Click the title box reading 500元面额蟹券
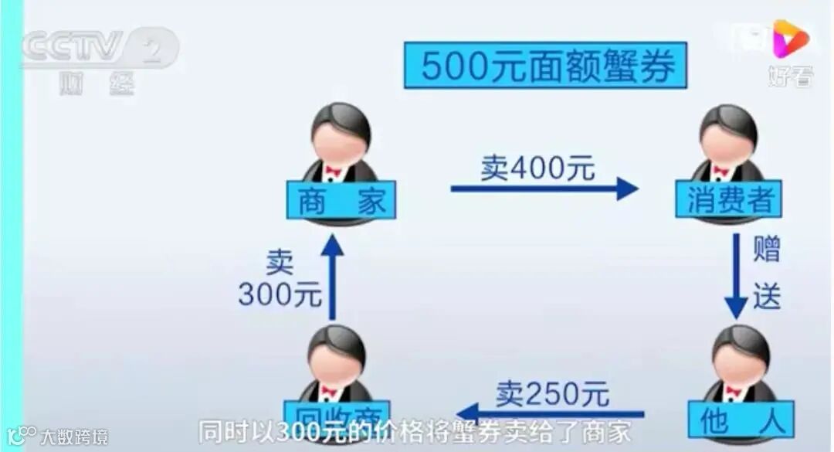click(x=544, y=66)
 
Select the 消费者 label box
click(x=728, y=199)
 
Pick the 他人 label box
click(x=741, y=422)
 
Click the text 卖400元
click(x=537, y=167)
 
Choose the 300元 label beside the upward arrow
click(x=279, y=294)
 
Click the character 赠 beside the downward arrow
click(x=767, y=250)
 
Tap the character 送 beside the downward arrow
click(x=767, y=297)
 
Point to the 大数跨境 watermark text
click(x=75, y=437)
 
